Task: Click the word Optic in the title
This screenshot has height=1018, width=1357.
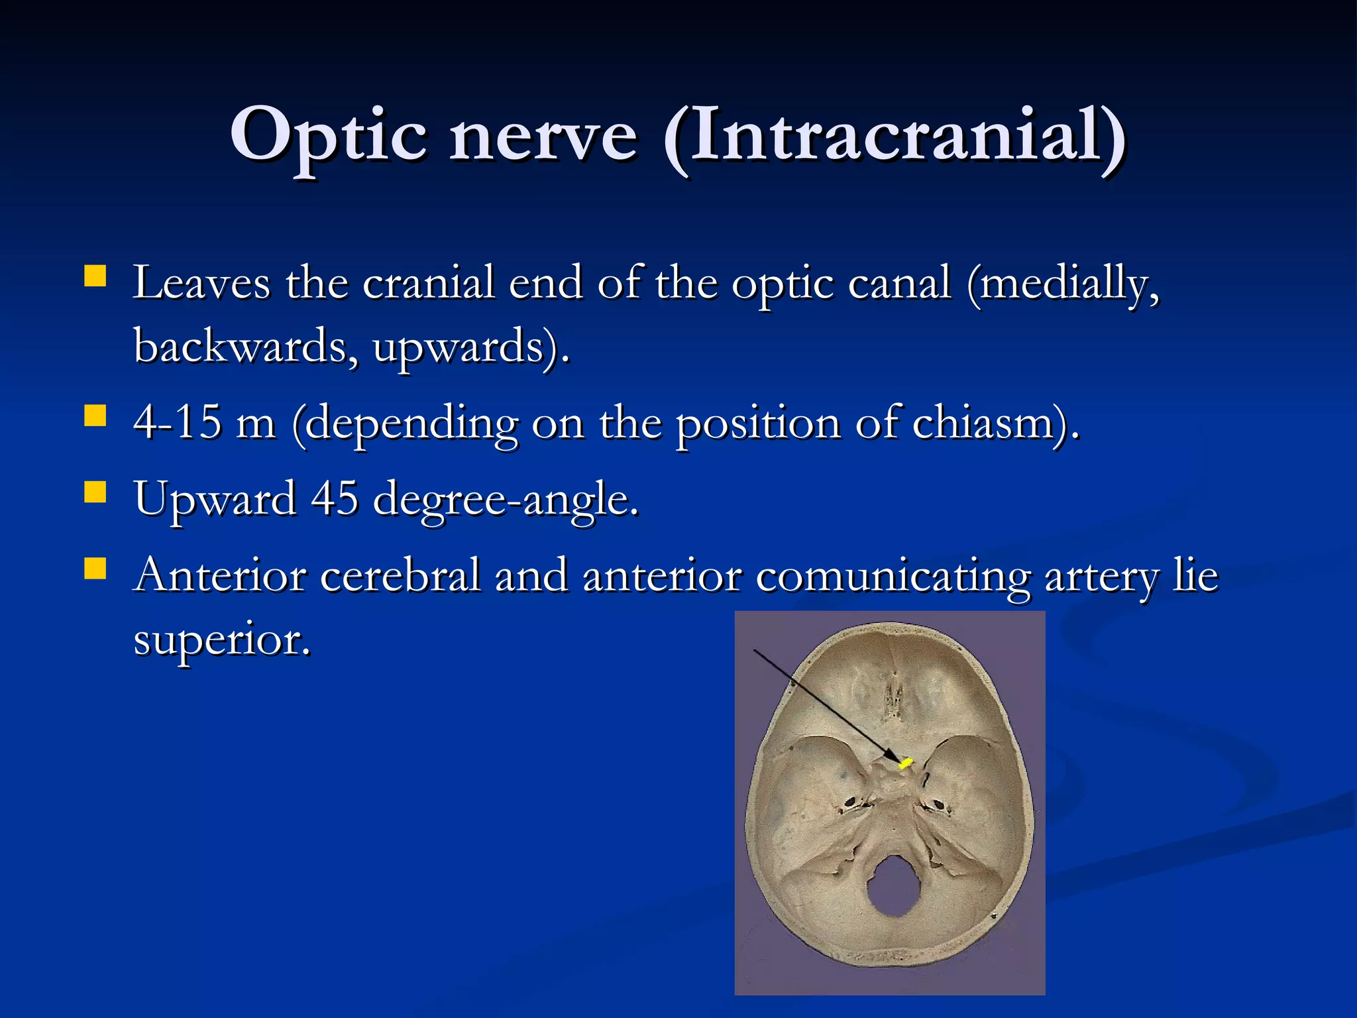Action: tap(329, 136)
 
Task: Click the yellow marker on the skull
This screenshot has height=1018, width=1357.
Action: tap(905, 763)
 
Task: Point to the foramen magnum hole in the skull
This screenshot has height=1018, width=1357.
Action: tap(894, 885)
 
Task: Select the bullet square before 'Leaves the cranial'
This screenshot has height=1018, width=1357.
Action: tap(95, 276)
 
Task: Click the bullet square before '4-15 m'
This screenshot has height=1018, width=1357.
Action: tap(95, 416)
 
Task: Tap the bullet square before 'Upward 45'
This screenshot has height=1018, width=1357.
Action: tap(95, 492)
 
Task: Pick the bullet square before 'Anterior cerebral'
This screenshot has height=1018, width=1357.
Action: tap(95, 568)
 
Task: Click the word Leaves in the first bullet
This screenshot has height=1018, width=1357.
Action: tap(201, 283)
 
